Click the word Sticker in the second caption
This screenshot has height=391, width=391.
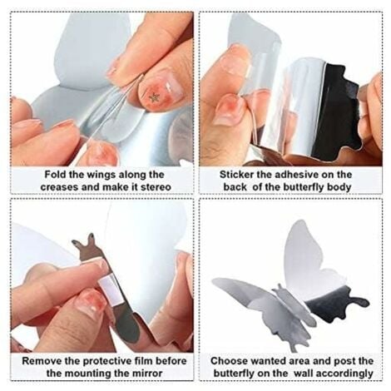[240, 175]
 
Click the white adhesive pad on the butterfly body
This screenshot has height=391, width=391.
[108, 287]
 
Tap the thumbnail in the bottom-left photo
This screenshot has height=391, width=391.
[92, 304]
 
